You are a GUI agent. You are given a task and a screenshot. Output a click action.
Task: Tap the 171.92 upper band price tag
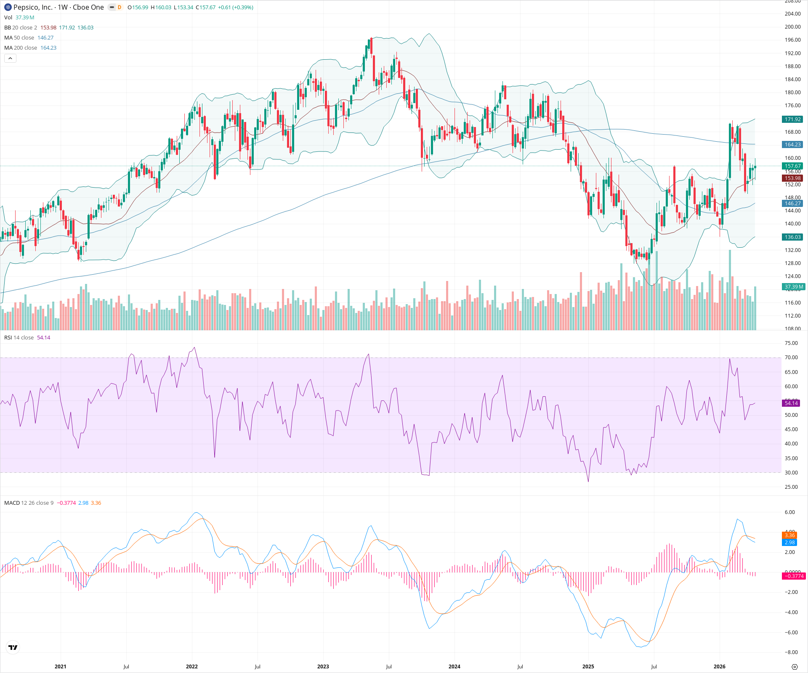[792, 119]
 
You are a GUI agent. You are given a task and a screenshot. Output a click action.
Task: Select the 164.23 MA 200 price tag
[792, 145]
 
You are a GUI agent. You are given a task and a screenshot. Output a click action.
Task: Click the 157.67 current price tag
[792, 166]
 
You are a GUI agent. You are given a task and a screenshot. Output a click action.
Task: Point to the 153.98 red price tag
[792, 178]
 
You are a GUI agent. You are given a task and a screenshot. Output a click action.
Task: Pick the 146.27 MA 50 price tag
[792, 204]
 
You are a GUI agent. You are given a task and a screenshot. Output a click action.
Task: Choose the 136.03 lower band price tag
[792, 237]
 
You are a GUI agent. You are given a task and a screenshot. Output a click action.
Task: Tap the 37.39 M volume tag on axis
[793, 287]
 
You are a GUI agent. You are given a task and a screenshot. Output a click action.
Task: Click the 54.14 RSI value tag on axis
[791, 403]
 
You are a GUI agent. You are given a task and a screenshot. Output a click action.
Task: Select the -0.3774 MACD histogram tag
[793, 576]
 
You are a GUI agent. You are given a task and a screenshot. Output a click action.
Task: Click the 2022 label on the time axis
[192, 667]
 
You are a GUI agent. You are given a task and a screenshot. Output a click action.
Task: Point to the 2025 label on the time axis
[588, 667]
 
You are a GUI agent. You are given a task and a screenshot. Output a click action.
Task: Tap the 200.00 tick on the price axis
[792, 27]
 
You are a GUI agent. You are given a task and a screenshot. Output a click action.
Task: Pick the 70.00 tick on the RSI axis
[791, 358]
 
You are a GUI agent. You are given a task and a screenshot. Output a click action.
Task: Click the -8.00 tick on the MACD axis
[791, 652]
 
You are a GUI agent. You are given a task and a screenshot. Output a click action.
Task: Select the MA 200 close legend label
[21, 48]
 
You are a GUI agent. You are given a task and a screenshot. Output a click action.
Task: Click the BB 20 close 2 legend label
[21, 28]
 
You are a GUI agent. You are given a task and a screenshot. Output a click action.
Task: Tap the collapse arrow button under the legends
[10, 58]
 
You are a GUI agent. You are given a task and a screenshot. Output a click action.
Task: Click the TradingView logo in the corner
[13, 647]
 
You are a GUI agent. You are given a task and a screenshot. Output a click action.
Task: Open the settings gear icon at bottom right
[795, 667]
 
